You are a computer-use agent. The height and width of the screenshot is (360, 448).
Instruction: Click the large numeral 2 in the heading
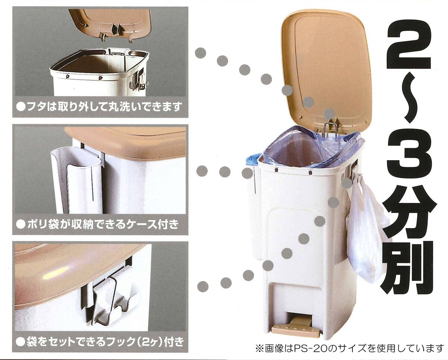(x=408, y=46)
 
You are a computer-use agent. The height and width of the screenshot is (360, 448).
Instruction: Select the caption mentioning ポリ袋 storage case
(x=97, y=224)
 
